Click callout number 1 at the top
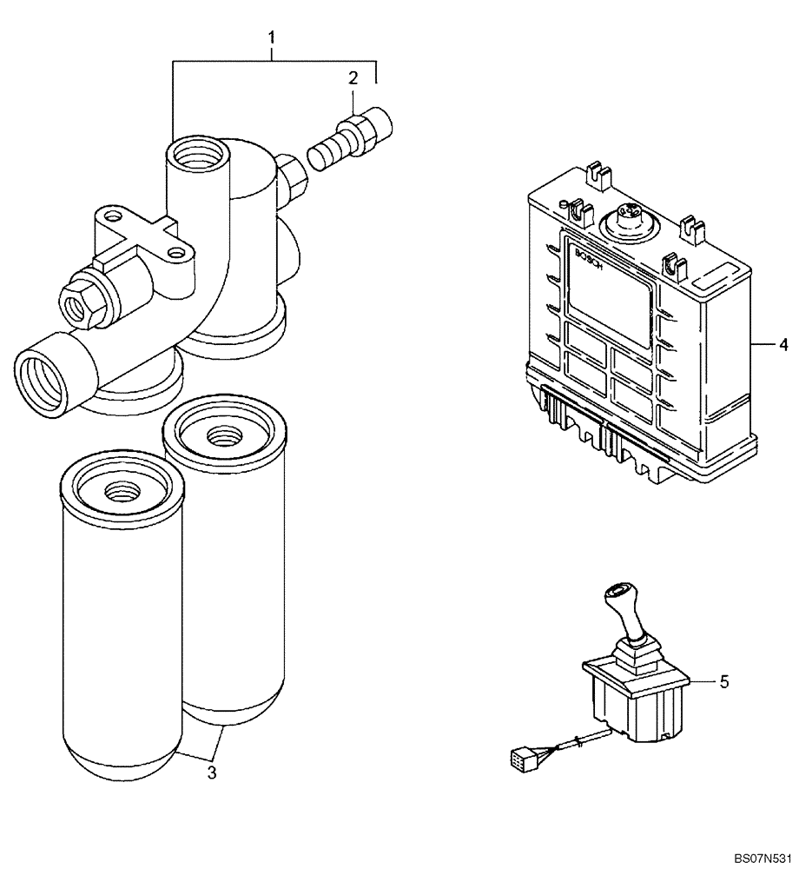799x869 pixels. click(x=272, y=37)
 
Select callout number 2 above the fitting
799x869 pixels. click(x=353, y=78)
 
